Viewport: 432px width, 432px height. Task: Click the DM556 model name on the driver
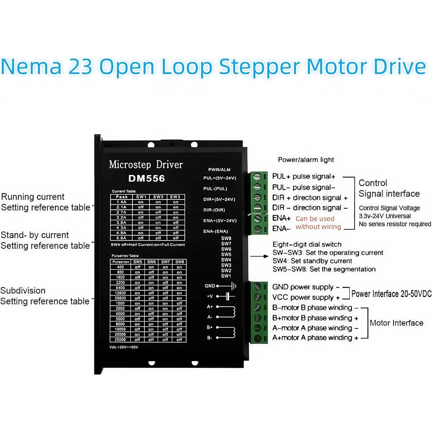[x=146, y=178]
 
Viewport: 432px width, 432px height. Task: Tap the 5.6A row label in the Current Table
[x=121, y=238]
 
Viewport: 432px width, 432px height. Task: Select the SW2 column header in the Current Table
[x=158, y=197]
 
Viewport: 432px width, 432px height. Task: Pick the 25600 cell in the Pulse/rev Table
[x=120, y=298]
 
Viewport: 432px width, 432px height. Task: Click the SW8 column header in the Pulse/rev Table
[x=179, y=262]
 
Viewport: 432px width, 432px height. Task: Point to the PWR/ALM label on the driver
[x=219, y=170]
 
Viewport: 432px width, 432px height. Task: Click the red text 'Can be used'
[x=315, y=219]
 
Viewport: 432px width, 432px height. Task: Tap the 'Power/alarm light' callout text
[x=306, y=160]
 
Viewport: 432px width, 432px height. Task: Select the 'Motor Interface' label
[x=396, y=323]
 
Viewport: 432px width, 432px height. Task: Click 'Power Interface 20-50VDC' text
[x=391, y=294]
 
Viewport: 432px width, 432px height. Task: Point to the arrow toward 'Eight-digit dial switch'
[x=259, y=256]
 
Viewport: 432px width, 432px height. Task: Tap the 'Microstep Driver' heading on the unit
[x=146, y=165]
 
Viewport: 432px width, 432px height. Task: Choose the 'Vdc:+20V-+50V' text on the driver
[x=124, y=347]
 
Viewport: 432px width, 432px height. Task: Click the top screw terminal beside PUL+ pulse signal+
[x=257, y=177]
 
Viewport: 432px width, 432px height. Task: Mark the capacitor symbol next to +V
[x=227, y=296]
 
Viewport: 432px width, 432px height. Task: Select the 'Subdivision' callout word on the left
[x=23, y=291]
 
